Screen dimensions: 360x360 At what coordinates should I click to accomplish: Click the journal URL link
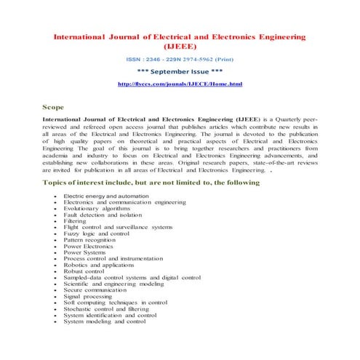[x=179, y=85]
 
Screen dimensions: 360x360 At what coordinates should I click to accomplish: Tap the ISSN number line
[x=179, y=59]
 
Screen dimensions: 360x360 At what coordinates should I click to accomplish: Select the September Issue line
[x=179, y=72]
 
